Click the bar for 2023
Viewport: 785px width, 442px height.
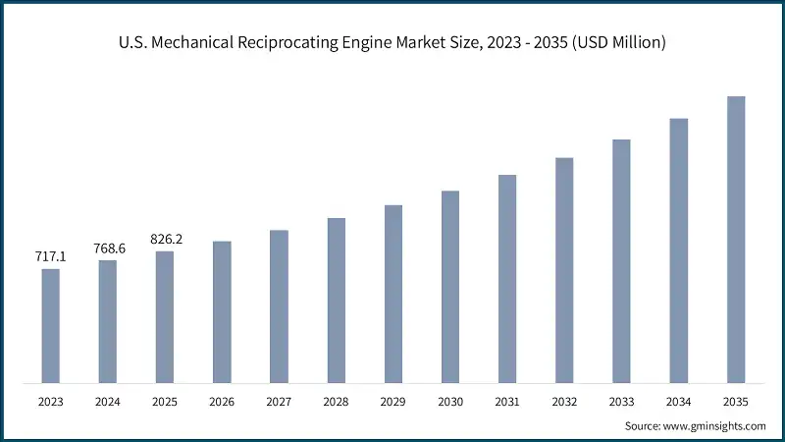(x=50, y=325)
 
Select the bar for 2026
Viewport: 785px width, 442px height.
(x=222, y=311)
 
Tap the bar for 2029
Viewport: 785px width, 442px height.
(x=392, y=294)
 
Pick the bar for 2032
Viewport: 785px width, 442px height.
(x=564, y=269)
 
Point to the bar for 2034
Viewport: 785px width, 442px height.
(x=678, y=250)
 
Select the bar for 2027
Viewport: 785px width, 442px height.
(x=279, y=305)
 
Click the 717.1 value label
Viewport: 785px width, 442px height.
(x=50, y=256)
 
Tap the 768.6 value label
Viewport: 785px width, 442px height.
(x=107, y=249)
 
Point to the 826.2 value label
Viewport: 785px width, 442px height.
(x=164, y=239)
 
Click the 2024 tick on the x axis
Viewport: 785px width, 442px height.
(x=107, y=401)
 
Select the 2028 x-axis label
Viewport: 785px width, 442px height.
(x=336, y=401)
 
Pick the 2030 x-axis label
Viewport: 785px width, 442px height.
(x=449, y=401)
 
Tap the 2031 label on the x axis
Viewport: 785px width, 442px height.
(x=507, y=401)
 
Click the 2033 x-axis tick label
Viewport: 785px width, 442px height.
(x=621, y=401)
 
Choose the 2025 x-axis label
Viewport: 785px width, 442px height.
(x=164, y=401)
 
